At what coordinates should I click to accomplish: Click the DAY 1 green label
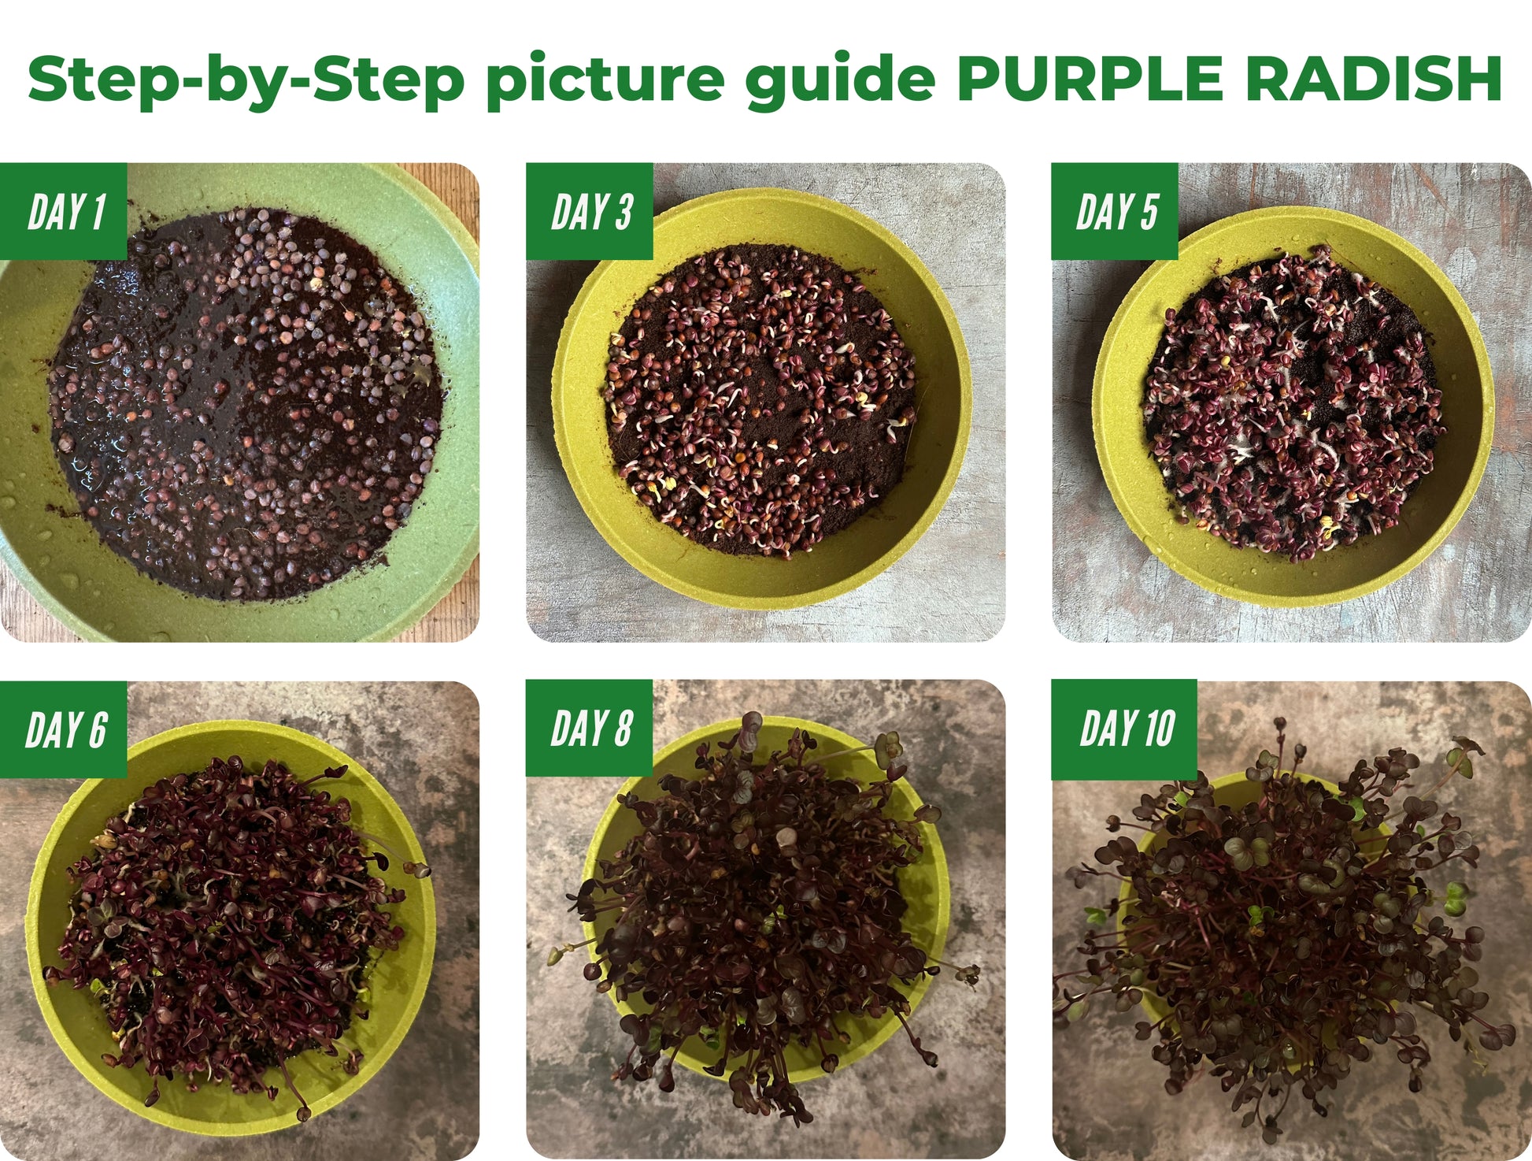(64, 211)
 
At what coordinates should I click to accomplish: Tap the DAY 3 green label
(590, 211)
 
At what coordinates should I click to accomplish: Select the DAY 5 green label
(1115, 211)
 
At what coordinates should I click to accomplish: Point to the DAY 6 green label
(64, 729)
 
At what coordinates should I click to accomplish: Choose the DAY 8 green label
(590, 729)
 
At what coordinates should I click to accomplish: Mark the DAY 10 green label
(1124, 729)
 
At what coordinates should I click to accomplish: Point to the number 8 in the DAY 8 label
(623, 729)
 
